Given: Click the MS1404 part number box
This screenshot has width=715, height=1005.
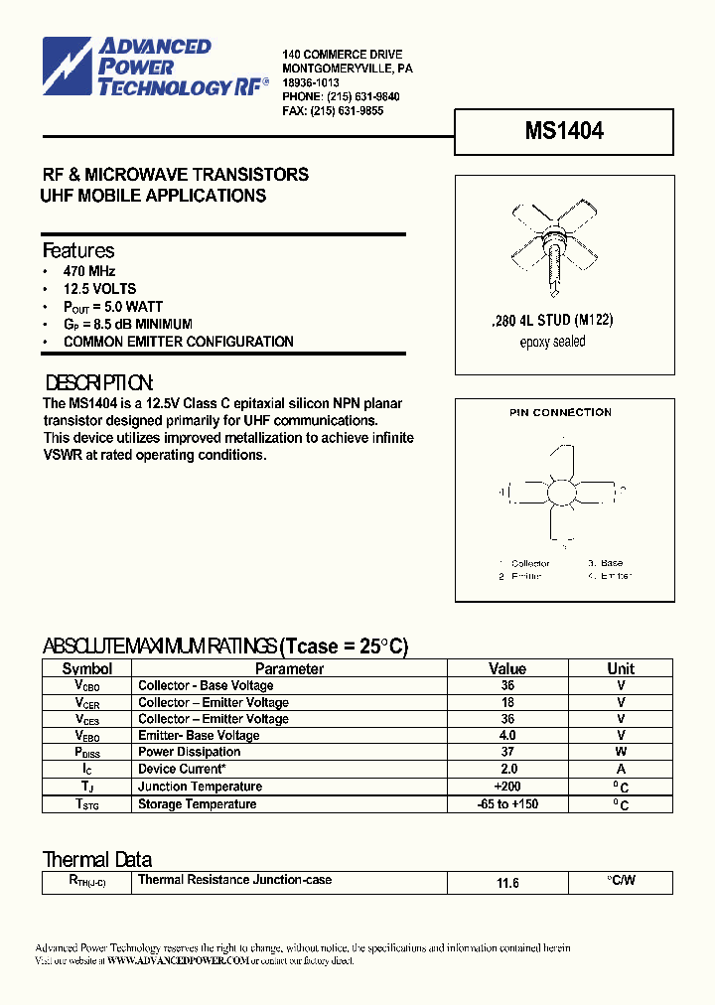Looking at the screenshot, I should point(563,131).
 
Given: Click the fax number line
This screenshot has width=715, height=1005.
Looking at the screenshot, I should point(333,111).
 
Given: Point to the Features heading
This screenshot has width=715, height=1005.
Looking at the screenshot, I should point(78,251).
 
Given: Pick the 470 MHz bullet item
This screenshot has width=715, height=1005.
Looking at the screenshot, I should point(89,271).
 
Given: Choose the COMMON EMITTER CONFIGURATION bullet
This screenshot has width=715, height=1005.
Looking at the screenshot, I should point(178,342).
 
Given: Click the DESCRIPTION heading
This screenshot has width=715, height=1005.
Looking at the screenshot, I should point(100,383).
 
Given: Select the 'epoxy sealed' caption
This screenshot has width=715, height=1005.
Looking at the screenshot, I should point(552,343).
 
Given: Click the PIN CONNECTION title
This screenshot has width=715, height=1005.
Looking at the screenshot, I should point(560,412).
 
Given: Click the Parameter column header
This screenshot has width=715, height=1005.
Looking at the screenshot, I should point(289,669).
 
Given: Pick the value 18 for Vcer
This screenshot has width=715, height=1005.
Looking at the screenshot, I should point(507,702).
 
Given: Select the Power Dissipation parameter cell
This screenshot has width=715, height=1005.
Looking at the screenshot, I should point(189,753).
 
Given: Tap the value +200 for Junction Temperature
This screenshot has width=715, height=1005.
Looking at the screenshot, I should point(507,787).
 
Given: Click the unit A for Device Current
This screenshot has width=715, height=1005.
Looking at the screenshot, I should point(621,770).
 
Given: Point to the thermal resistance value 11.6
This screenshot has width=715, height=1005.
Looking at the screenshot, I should point(507,883).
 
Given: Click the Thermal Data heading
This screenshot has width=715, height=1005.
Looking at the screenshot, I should point(97,859).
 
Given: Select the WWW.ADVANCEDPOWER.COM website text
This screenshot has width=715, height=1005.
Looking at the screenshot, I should point(177,961).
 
